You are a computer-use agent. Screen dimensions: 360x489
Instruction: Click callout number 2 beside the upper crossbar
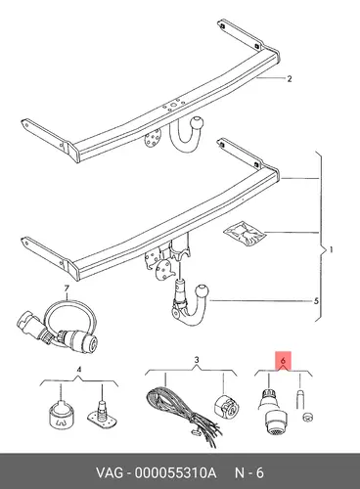click(289, 78)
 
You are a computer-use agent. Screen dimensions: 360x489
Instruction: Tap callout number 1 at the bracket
click(331, 250)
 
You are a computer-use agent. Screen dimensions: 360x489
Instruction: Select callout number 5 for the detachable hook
click(316, 301)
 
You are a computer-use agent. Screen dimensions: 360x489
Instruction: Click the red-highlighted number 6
click(283, 361)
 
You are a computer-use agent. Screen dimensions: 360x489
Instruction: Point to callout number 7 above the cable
click(67, 289)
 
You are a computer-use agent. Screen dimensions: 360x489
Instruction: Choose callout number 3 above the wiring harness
click(197, 360)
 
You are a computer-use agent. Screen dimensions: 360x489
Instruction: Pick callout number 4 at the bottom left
click(78, 370)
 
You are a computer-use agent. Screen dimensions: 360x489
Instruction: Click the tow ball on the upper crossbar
click(197, 123)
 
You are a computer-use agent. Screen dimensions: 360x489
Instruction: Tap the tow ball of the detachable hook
click(202, 291)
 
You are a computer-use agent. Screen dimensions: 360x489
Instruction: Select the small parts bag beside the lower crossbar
click(245, 232)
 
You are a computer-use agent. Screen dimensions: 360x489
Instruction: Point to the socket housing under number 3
click(226, 406)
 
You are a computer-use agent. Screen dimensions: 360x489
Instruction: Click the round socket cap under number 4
click(61, 413)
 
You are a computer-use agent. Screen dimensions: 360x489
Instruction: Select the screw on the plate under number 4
click(102, 410)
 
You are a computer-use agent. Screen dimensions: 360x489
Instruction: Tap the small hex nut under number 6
click(307, 416)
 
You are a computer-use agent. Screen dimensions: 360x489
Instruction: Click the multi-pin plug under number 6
click(273, 412)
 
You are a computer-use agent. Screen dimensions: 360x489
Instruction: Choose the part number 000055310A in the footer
click(175, 472)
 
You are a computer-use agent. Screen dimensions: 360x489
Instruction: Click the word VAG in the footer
click(110, 472)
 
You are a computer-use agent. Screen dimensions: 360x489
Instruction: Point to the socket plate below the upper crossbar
click(153, 139)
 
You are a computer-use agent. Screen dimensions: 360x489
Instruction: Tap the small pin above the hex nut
click(300, 400)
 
